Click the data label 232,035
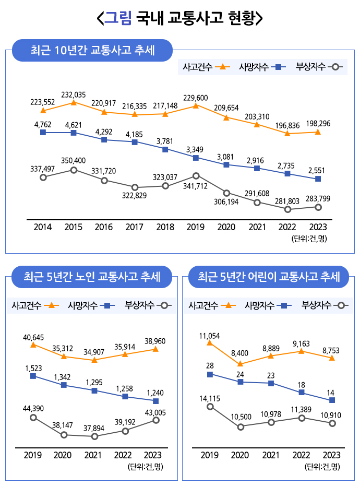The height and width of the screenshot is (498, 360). click(x=73, y=94)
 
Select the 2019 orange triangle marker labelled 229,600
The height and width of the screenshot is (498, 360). click(x=196, y=105)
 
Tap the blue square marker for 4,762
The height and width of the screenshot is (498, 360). click(x=43, y=133)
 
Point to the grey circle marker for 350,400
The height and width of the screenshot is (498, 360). click(x=74, y=170)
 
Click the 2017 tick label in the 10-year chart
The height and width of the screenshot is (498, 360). click(x=135, y=227)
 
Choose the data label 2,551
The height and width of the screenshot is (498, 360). click(x=318, y=170)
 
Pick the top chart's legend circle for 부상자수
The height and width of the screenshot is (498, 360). click(x=336, y=67)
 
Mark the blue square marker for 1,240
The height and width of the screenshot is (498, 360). click(x=155, y=401)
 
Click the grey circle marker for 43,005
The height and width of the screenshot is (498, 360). click(x=155, y=420)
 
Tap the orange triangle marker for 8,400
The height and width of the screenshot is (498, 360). click(x=240, y=364)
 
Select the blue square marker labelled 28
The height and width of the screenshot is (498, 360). click(x=210, y=374)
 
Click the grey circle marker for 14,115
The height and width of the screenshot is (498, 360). click(x=210, y=407)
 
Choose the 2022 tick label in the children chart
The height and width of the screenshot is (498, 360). click(x=302, y=455)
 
